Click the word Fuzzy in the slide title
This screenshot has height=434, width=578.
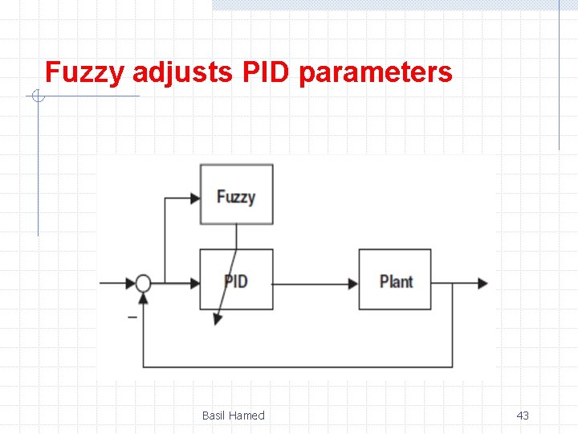tap(84, 73)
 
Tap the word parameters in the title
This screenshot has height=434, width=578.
tap(375, 73)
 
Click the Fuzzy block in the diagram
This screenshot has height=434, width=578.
tap(236, 195)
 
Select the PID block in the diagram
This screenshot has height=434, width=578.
tap(236, 280)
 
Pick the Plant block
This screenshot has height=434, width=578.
tap(395, 280)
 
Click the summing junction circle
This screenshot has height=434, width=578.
tap(143, 283)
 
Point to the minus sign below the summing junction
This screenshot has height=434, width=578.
tap(132, 317)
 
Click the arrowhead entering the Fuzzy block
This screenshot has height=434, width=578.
tap(194, 197)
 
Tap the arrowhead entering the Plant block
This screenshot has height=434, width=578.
tap(353, 283)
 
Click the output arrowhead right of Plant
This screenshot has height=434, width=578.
tap(482, 283)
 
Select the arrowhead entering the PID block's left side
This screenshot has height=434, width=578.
tap(194, 283)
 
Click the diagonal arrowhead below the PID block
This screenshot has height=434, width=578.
tap(217, 319)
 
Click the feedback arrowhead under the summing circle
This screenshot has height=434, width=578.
tap(143, 298)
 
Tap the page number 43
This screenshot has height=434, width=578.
tap(523, 416)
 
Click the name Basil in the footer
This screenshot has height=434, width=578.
tap(214, 416)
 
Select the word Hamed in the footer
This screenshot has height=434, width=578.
tap(247, 416)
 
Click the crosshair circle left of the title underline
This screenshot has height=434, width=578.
tap(37, 97)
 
